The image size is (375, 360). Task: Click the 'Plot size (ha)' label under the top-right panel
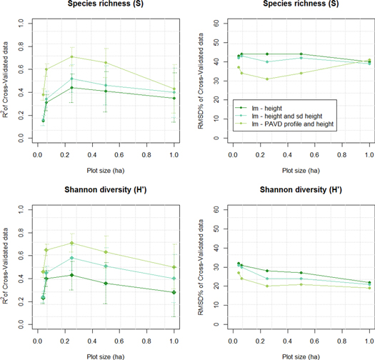point(301,170)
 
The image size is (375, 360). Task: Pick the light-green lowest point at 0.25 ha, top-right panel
point(267,79)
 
